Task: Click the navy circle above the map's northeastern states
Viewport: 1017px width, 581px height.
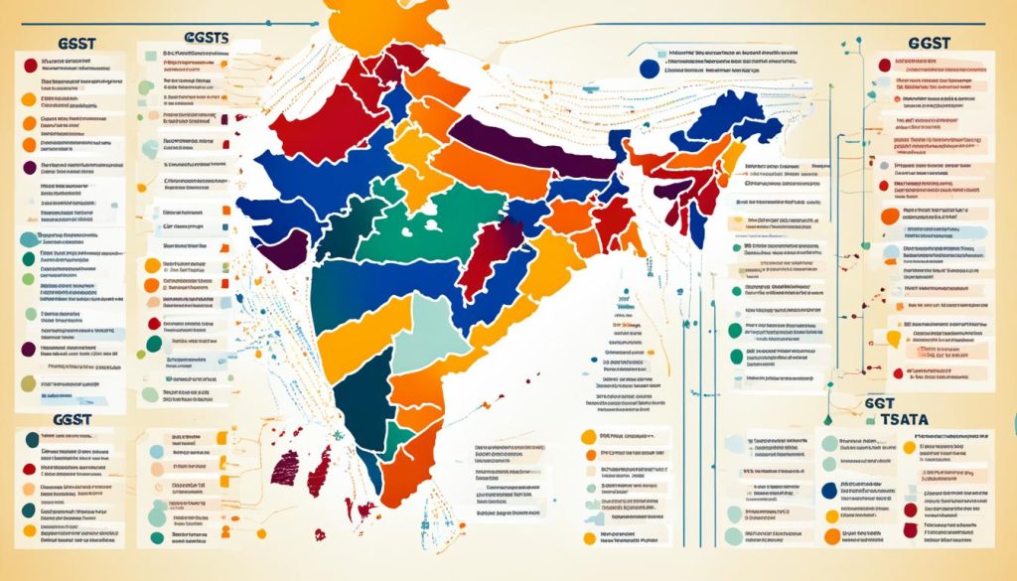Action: [x=649, y=69]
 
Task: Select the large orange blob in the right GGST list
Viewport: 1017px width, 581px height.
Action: [x=888, y=216]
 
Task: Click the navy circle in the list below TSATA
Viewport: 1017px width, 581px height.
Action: [x=829, y=491]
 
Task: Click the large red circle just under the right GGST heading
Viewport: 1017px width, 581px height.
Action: [x=885, y=66]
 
